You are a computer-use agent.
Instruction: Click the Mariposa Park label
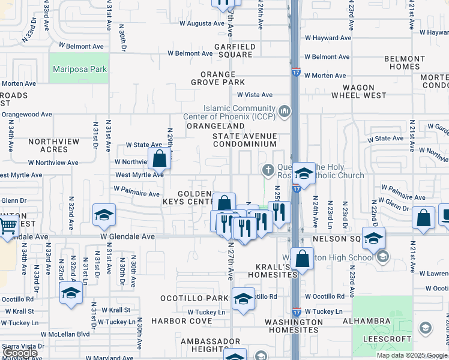click(x=80, y=70)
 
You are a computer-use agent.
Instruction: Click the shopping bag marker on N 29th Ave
click(x=160, y=159)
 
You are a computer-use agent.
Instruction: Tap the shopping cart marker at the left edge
click(x=7, y=227)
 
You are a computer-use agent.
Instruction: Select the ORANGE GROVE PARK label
click(x=218, y=77)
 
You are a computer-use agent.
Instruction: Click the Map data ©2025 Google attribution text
click(x=412, y=355)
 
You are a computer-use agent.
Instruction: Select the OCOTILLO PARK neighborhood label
click(x=194, y=298)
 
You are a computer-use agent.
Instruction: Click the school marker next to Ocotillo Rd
click(x=243, y=298)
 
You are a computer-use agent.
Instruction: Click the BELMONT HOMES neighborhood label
click(x=405, y=62)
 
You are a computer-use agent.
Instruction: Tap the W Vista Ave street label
click(x=255, y=95)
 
